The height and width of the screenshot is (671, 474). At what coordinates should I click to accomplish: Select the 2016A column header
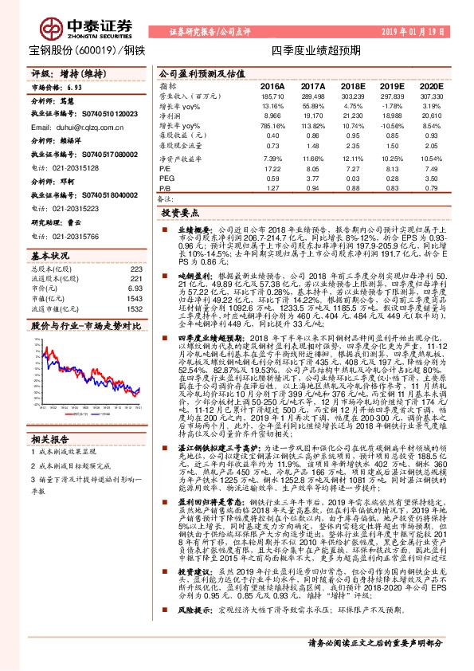(x=272, y=85)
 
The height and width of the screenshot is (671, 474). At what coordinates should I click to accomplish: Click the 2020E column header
(x=430, y=85)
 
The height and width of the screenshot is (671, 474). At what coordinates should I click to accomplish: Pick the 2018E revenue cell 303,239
(x=352, y=96)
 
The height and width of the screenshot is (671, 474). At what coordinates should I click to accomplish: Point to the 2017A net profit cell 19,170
(x=312, y=116)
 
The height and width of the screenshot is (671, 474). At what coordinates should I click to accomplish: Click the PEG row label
(x=166, y=179)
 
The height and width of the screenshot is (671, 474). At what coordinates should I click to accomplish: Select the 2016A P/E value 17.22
(x=272, y=168)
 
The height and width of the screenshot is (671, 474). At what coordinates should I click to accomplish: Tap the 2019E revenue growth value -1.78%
(x=391, y=106)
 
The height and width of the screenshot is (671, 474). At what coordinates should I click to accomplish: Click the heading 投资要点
(x=178, y=214)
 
